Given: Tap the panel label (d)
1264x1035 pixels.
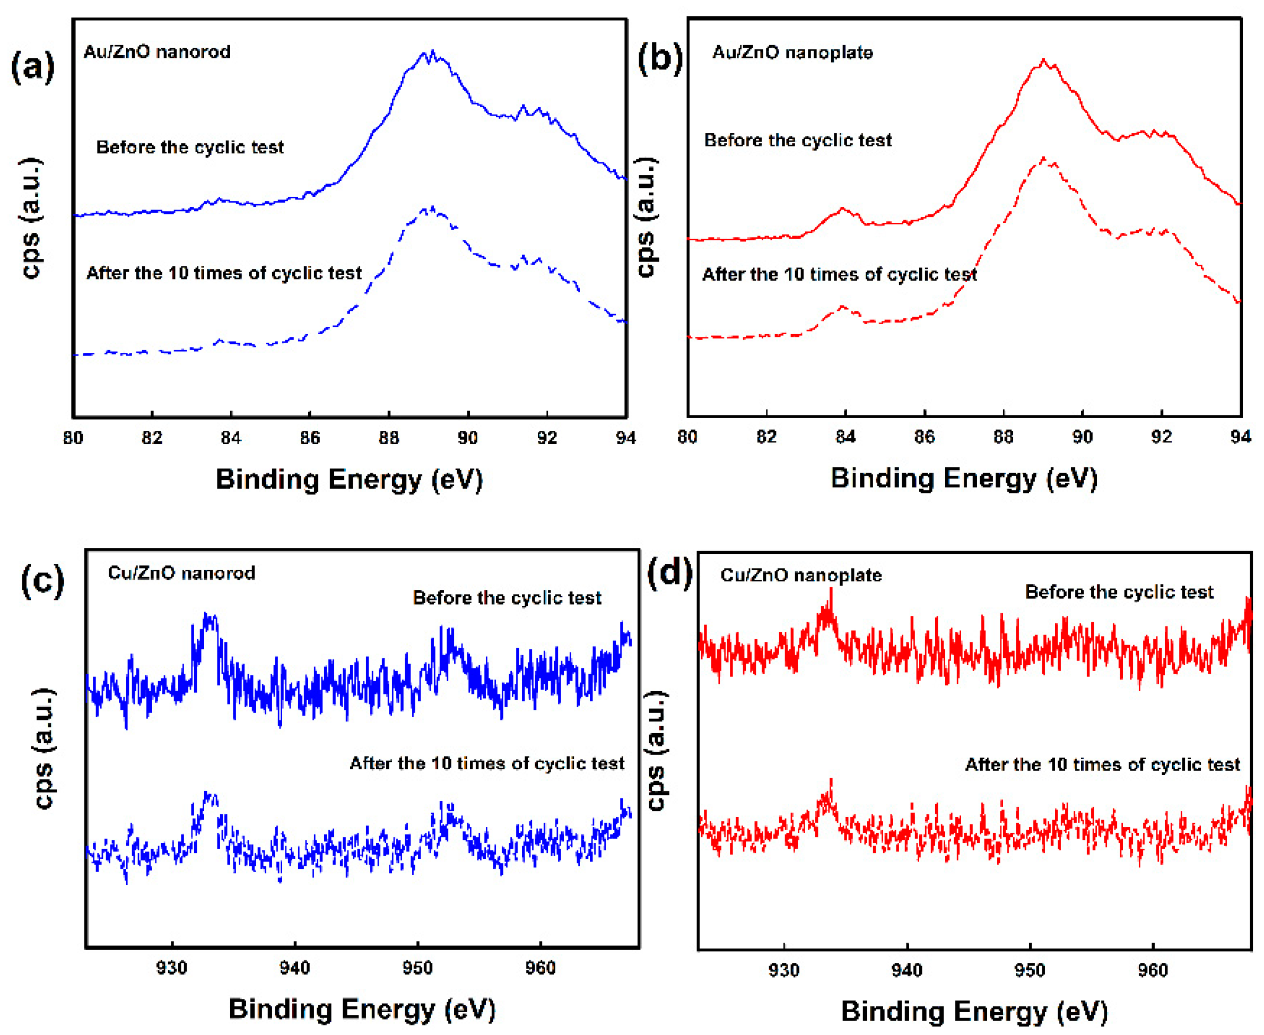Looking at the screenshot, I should click(670, 573).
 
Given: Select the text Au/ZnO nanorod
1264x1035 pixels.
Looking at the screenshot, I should click(156, 52).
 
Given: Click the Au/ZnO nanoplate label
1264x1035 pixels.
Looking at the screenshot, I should click(792, 53).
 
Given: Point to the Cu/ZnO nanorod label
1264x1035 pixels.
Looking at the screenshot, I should click(181, 573).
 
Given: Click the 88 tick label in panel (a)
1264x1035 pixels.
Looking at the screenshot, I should click(389, 438).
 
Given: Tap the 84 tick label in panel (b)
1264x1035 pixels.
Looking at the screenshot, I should click(845, 437).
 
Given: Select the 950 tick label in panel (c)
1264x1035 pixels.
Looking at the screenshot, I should click(417, 967).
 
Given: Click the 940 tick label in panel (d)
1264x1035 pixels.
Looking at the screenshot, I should click(906, 970).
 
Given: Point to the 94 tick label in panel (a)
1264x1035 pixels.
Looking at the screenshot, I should click(625, 438).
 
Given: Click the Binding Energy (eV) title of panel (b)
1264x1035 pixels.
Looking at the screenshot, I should click(964, 479).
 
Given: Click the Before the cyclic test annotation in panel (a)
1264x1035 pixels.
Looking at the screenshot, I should click(189, 147).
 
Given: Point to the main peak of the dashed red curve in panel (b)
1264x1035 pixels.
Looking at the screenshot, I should click(1043, 159).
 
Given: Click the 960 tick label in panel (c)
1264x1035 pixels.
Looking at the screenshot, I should click(540, 967).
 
